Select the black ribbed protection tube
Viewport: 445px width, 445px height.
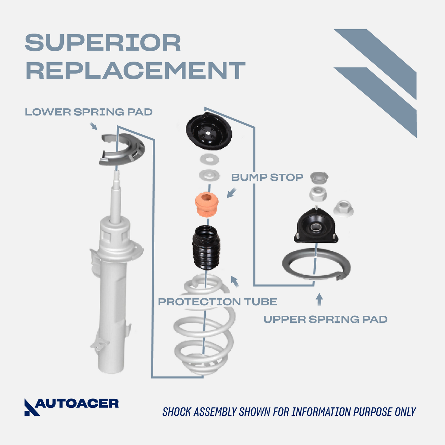point(206,248)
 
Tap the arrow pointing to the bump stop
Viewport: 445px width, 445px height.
point(231,193)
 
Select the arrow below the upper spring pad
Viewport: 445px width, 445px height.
point(319,299)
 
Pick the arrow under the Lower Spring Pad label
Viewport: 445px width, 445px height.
point(93,126)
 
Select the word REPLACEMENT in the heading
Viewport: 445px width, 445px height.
point(136,71)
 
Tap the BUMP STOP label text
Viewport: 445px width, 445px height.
point(267,177)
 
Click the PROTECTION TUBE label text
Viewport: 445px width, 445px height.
point(217,302)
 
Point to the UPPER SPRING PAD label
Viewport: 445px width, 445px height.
point(325,319)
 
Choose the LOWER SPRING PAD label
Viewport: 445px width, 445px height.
point(89,112)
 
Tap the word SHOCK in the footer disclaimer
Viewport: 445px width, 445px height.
point(176,412)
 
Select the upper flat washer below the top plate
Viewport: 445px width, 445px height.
point(209,159)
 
